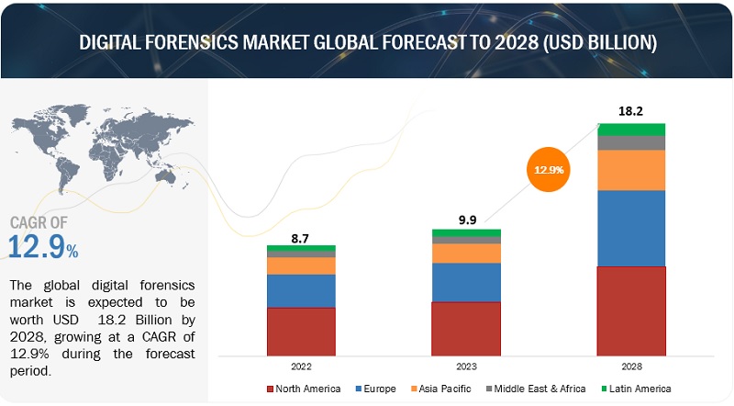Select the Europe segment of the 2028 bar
(x=631, y=228)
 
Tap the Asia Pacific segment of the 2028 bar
(x=631, y=170)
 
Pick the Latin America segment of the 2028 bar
(x=631, y=130)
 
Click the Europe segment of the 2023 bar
(x=466, y=282)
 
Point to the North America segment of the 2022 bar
(x=301, y=330)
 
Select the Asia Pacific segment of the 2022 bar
(x=301, y=265)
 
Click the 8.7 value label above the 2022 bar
(x=301, y=238)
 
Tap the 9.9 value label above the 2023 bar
(x=466, y=220)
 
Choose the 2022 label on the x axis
(x=301, y=363)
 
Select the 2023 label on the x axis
(x=466, y=363)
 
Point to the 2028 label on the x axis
(x=631, y=363)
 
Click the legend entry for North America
(x=306, y=389)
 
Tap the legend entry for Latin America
(x=633, y=389)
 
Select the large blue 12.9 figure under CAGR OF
(x=42, y=246)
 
